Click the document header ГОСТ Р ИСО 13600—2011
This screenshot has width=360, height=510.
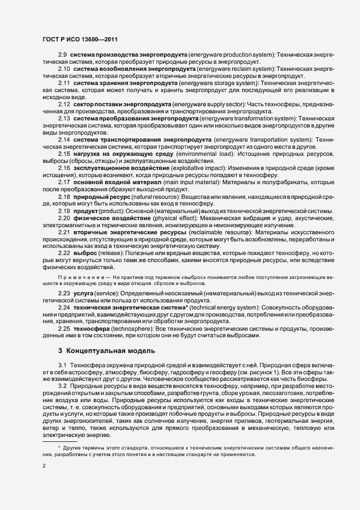coord(80,39)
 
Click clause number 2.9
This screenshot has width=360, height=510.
coord(63,56)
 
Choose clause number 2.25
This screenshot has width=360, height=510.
coord(64,330)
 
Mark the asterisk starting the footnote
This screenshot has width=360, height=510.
coord(59,446)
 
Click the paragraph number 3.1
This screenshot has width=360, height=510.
coord(62,363)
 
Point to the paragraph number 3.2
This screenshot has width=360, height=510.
coord(62,385)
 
